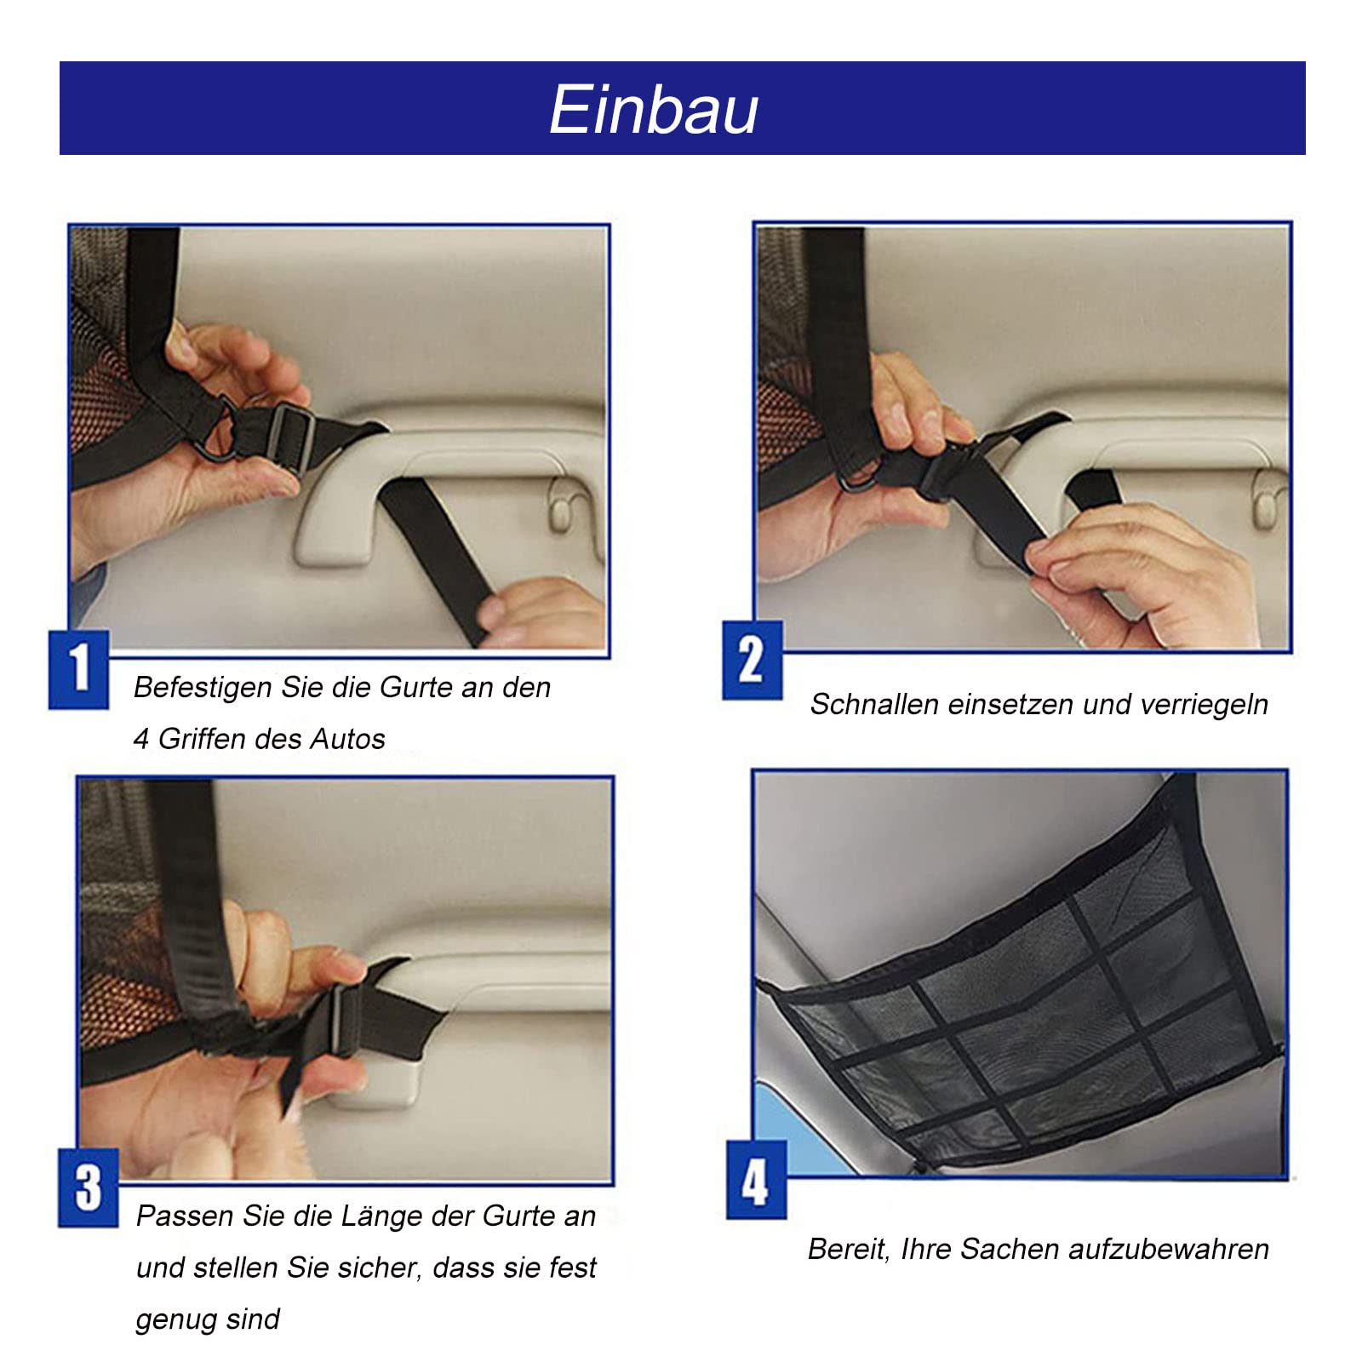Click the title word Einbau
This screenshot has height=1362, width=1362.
coord(654,110)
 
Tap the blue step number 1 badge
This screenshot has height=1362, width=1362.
coord(78,669)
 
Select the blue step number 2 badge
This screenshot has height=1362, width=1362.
coord(752,661)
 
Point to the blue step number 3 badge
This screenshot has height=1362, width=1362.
coord(88,1188)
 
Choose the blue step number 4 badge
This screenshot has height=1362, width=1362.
coord(756,1181)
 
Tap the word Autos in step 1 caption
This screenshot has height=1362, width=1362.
coord(347,739)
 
